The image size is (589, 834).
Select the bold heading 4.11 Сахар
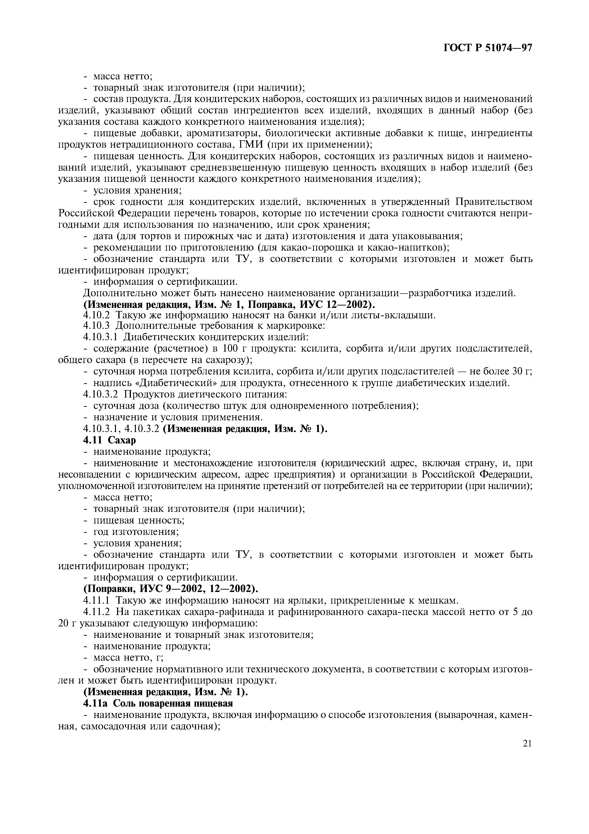pyautogui.click(x=110, y=440)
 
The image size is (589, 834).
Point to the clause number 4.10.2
pyautogui.click(x=97, y=315)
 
